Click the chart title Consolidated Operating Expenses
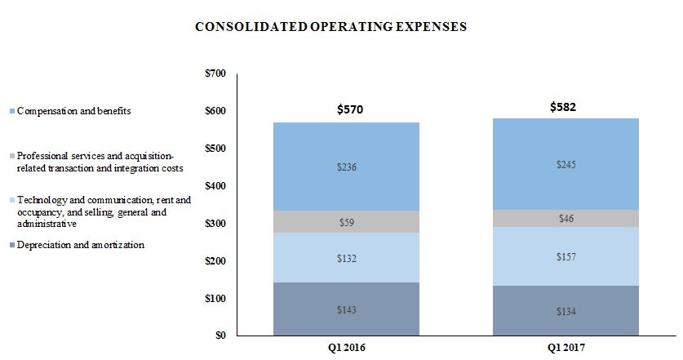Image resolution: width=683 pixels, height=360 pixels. [x=330, y=26]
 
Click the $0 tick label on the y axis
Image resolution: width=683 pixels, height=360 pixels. [x=220, y=336]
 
